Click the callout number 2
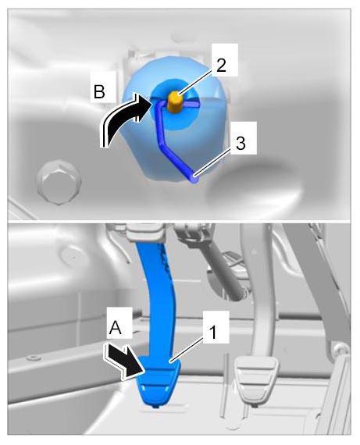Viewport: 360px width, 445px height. [x=221, y=65]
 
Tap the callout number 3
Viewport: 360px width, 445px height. [x=241, y=143]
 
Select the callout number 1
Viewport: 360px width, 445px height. [x=212, y=332]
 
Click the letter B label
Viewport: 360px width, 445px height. [x=99, y=91]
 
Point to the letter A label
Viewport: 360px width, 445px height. [x=116, y=328]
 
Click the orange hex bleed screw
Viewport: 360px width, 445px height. [x=175, y=102]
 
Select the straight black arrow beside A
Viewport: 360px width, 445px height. [x=124, y=361]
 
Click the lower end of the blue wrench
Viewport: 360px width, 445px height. [x=194, y=179]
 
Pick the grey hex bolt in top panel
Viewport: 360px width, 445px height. [x=59, y=182]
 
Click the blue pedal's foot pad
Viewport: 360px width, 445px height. [x=159, y=382]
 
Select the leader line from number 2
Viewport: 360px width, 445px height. [x=197, y=82]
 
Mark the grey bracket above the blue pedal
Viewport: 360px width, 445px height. [x=144, y=232]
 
